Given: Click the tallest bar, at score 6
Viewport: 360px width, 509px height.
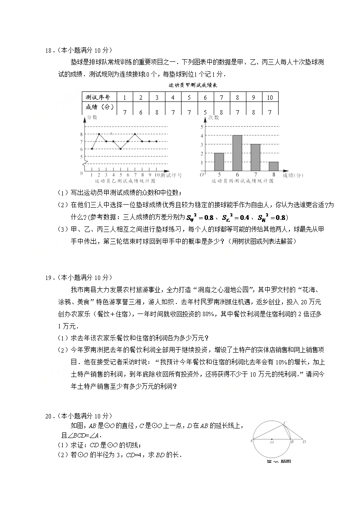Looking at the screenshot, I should pyautogui.click(x=237, y=153).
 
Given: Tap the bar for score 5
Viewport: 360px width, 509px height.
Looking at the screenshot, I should pyautogui.click(x=219, y=162).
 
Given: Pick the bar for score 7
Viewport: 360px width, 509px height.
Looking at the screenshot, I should pyautogui.click(x=256, y=157).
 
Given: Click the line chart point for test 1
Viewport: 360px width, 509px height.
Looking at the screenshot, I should pyautogui.click(x=92, y=149).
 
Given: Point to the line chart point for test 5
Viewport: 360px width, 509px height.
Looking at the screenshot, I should pyautogui.click(x=121, y=149).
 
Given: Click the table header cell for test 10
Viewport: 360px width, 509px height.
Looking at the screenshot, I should pyautogui.click(x=270, y=98).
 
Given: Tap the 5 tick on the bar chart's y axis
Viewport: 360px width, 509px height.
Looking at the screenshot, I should pyautogui.click(x=202, y=127).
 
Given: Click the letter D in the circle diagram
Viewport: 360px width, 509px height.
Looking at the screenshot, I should pyautogui.click(x=304, y=442).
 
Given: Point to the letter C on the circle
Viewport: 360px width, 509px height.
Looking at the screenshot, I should pyautogui.click(x=285, y=423).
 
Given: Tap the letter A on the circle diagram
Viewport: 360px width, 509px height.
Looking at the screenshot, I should pyautogui.click(x=252, y=441).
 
